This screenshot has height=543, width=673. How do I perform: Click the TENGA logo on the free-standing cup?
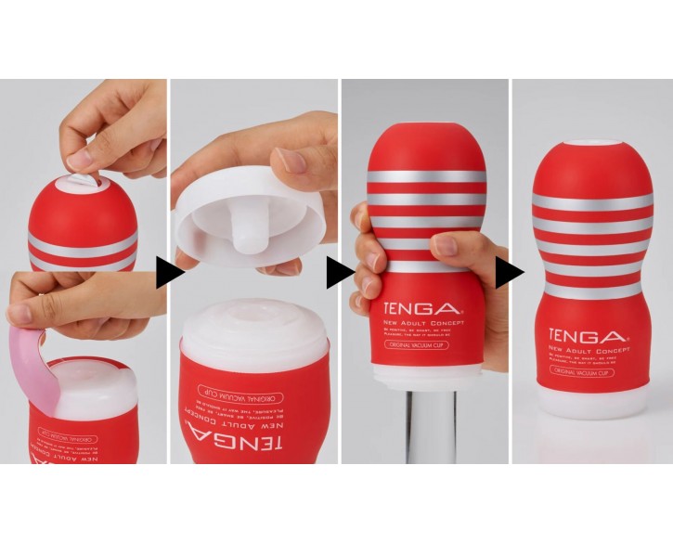click(587, 336)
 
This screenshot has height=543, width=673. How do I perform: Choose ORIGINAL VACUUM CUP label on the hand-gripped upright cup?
click(418, 345)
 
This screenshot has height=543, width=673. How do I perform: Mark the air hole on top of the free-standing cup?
click(588, 144)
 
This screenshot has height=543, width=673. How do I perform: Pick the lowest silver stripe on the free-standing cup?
click(588, 290)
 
